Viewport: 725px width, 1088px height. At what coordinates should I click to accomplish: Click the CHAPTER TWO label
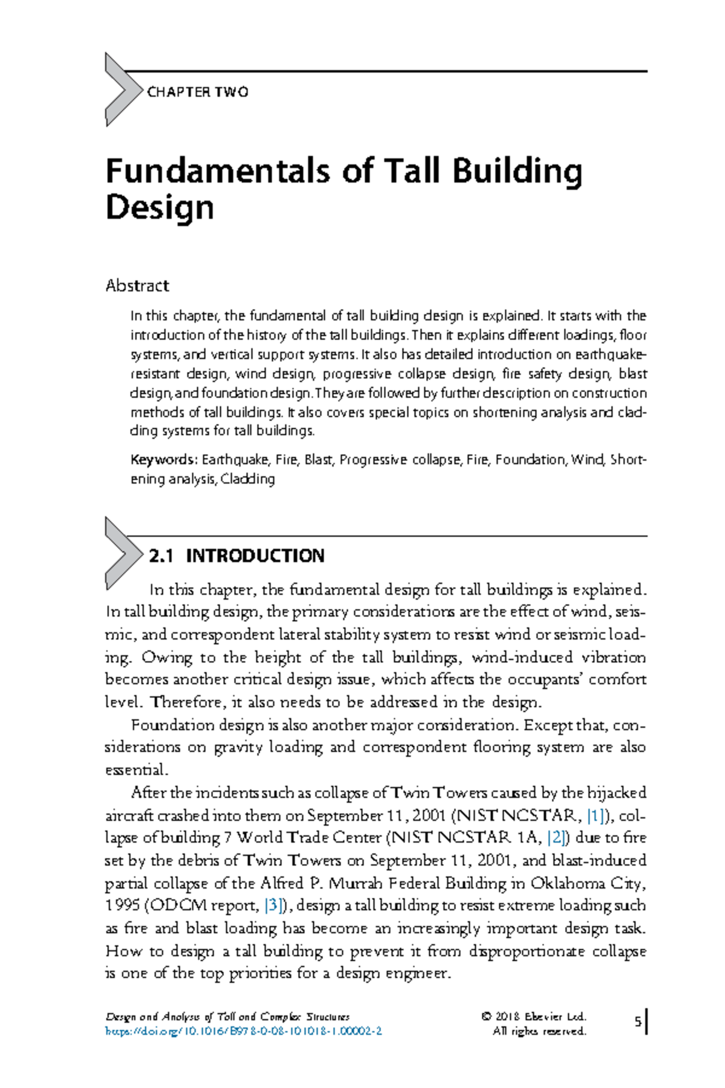pos(198,92)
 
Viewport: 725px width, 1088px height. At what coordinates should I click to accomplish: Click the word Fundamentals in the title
pos(218,171)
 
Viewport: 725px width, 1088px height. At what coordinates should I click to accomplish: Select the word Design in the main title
pos(159,207)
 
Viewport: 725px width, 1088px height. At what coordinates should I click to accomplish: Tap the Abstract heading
pos(137,285)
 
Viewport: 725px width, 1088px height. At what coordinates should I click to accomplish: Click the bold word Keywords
pos(163,460)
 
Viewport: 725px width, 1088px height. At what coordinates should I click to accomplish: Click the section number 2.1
pos(161,556)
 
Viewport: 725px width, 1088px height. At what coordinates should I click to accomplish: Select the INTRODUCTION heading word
pos(255,556)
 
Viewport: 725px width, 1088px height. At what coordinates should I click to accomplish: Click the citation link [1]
pos(596,815)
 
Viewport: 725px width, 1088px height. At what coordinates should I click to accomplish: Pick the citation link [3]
pos(274,905)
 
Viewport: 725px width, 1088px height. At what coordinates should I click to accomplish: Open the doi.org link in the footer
pos(243,1031)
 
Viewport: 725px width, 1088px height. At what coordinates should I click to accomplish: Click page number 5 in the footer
pos(637,1022)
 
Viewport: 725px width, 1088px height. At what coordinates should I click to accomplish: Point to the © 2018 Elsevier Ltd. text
pos(533,1017)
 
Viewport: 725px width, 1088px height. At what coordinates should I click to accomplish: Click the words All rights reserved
pos(540,1031)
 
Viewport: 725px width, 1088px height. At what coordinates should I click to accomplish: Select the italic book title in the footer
pos(227,1017)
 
